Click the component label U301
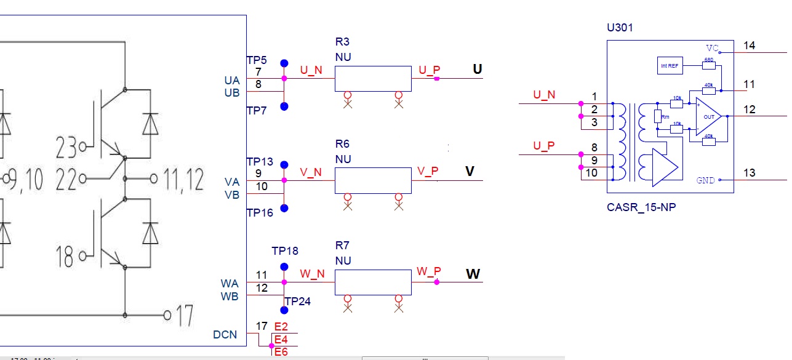click(620, 28)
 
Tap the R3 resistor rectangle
click(373, 79)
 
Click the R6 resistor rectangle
click(373, 180)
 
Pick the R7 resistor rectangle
click(373, 282)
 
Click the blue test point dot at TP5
click(284, 63)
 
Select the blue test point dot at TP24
click(284, 310)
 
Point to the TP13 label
click(259, 161)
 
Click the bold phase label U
click(477, 70)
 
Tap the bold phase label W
click(473, 273)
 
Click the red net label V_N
click(311, 173)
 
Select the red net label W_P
click(429, 271)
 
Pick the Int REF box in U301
click(669, 65)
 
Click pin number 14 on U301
click(749, 46)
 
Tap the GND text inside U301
click(705, 180)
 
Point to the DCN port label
click(225, 334)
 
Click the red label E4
click(281, 339)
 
